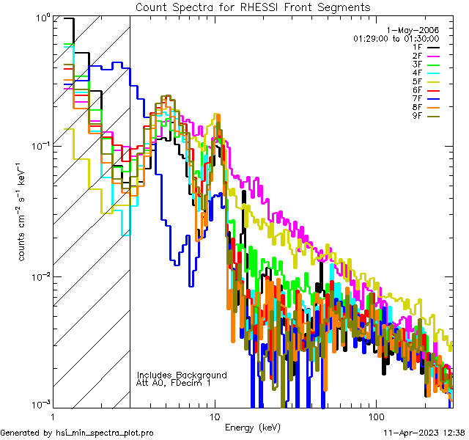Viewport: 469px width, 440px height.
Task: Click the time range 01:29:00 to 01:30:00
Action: [x=396, y=38]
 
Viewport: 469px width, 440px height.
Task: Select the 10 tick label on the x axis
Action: [x=214, y=414]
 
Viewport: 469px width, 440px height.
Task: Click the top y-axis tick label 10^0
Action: [x=43, y=16]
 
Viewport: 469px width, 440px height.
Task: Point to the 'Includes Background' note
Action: [x=182, y=375]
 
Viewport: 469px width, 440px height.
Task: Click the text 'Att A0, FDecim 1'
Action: [x=174, y=383]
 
